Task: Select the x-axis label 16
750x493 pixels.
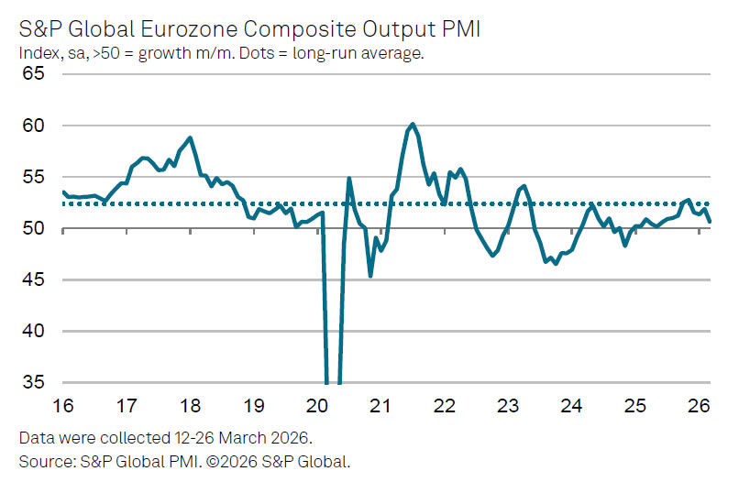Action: point(63,405)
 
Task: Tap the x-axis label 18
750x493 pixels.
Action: point(191,405)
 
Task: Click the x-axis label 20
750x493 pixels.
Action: point(318,405)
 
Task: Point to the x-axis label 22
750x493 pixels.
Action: point(446,405)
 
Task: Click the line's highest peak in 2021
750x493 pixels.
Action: point(413,124)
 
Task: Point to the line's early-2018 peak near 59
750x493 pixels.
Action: point(190,138)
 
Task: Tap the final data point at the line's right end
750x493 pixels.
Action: point(710,221)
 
